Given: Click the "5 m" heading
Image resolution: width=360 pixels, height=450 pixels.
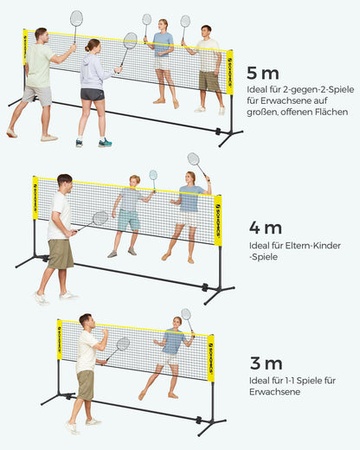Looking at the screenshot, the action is [263, 74].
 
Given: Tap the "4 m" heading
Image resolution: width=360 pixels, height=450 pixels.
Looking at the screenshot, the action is [266, 228].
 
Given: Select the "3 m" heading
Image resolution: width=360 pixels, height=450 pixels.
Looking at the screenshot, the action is [266, 363].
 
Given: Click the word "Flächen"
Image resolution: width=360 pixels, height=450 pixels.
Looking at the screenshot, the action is [331, 112].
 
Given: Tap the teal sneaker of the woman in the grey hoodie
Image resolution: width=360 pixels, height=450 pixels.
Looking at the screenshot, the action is [105, 143].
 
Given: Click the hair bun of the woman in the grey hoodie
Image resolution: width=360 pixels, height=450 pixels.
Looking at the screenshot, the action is [87, 48].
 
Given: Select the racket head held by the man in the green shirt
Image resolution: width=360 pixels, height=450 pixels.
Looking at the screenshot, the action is [76, 18].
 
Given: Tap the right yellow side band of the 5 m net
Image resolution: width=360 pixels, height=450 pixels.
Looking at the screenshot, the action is [230, 72].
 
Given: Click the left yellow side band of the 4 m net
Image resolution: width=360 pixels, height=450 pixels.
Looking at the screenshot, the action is [35, 198].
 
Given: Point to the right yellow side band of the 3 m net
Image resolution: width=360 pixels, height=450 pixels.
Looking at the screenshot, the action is [211, 358].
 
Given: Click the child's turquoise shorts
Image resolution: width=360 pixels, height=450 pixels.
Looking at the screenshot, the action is [129, 220].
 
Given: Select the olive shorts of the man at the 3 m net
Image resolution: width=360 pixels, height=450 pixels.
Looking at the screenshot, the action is [86, 385].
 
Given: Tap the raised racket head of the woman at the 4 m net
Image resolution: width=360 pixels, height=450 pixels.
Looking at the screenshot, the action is [193, 159].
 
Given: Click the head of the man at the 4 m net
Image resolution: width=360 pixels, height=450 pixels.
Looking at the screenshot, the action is [65, 183].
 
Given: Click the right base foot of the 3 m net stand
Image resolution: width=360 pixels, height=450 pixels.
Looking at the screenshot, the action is [212, 427].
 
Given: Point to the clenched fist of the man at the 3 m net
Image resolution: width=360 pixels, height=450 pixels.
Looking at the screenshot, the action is [105, 332].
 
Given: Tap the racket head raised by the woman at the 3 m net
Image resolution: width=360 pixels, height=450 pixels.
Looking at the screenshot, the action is [186, 314].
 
